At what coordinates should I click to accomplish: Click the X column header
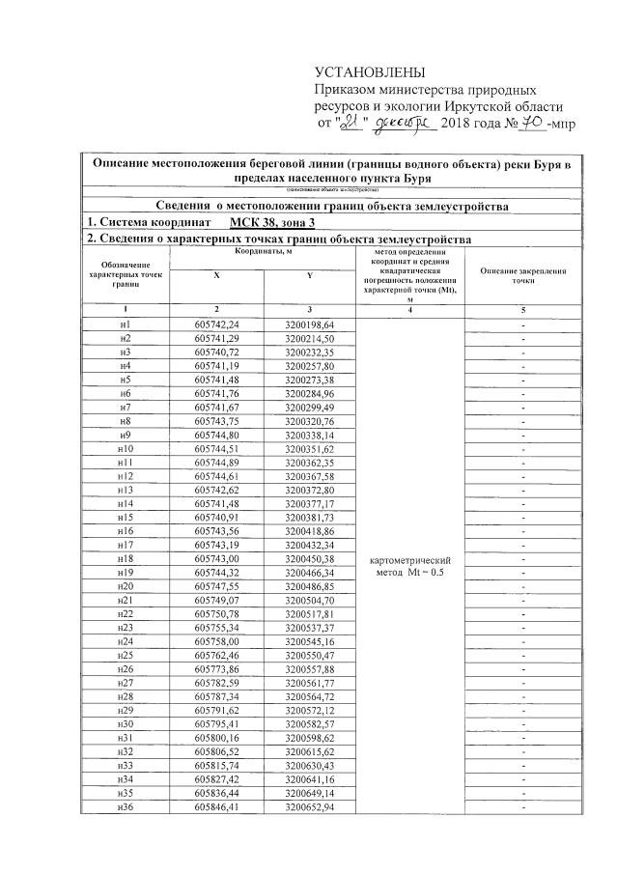coord(216,274)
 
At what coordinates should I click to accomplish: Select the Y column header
coord(309,274)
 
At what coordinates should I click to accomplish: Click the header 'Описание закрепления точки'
coord(522,274)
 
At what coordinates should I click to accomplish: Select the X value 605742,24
coord(216,324)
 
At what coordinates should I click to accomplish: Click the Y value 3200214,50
coord(309,339)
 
